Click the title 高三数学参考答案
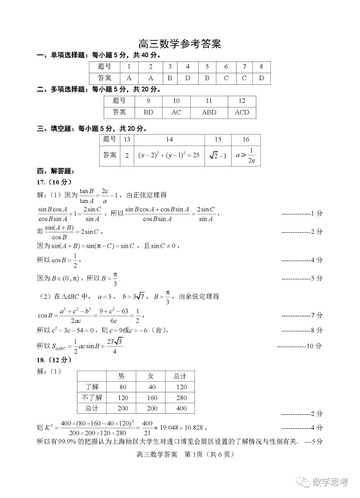[x=180, y=44]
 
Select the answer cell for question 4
[x=188, y=78]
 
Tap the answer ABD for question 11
[x=209, y=112]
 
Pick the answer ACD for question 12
[x=242, y=112]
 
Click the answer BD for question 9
[x=148, y=112]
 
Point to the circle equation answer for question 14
[x=169, y=155]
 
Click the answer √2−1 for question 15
[x=218, y=156]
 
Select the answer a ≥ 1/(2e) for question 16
[x=246, y=156]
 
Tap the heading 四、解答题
[x=55, y=171]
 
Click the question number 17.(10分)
[x=54, y=182]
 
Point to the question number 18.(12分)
[x=54, y=360]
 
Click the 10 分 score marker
[x=314, y=346]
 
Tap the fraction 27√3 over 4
[x=115, y=346]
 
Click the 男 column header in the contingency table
[x=121, y=376]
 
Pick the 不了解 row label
[x=92, y=398]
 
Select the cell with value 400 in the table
[x=181, y=408]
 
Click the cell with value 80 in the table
[x=123, y=387]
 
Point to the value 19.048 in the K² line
[x=169, y=428]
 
